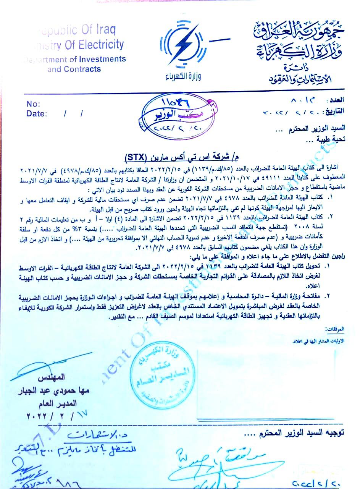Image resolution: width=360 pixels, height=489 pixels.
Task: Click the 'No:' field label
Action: pyautogui.click(x=33, y=104)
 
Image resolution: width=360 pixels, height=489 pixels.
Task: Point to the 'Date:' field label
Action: pyautogui.click(x=36, y=113)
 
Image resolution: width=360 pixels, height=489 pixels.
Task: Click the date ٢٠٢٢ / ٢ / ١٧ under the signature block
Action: pyautogui.click(x=55, y=415)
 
